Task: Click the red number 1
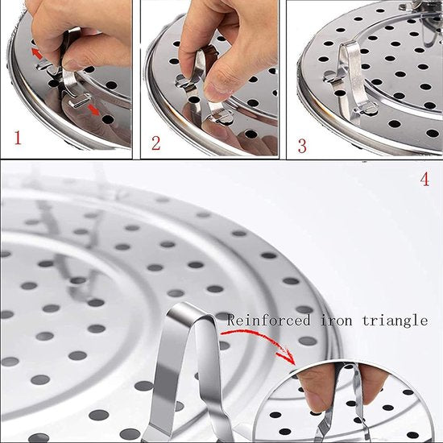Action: point(18,138)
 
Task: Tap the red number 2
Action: point(156,143)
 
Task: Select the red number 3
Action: point(302,146)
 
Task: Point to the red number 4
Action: point(424,179)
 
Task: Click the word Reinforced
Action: point(268,321)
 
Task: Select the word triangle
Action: point(395,321)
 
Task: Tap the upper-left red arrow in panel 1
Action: point(37,54)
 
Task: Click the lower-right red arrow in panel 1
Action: point(93,110)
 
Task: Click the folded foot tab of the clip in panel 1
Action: point(80,101)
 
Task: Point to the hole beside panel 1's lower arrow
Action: point(108,119)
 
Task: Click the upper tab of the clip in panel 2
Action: point(182,82)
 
